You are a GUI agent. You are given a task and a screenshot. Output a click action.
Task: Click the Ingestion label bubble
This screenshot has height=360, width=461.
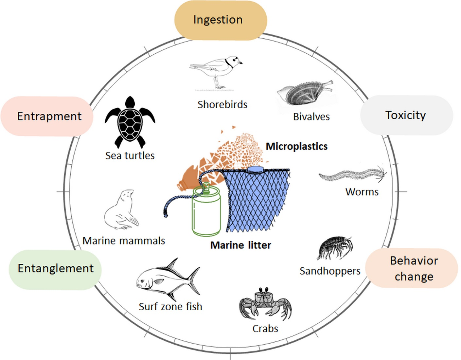pyautogui.click(x=221, y=20)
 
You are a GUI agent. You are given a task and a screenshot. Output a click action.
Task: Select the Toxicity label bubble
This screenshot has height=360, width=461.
pyautogui.click(x=406, y=115)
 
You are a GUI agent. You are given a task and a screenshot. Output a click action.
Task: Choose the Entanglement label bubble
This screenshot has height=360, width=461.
pyautogui.click(x=55, y=269)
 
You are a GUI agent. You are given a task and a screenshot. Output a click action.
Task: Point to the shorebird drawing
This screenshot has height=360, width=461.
pyautogui.click(x=218, y=70)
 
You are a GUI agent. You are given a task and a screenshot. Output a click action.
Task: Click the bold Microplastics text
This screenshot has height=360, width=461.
pyautogui.click(x=296, y=146)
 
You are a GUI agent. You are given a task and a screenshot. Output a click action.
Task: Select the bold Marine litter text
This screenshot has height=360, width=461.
pyautogui.click(x=240, y=245)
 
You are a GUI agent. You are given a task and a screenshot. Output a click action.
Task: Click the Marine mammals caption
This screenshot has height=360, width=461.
pyautogui.click(x=124, y=241)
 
